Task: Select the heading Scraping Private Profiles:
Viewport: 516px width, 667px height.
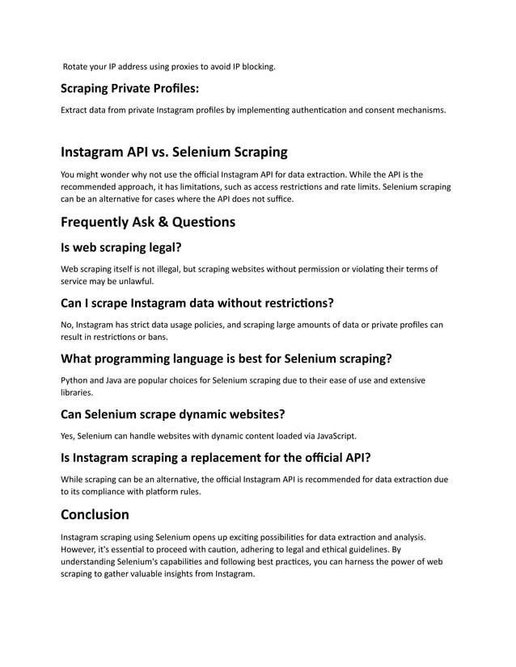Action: click(x=129, y=88)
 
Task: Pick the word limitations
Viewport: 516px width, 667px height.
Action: click(x=210, y=187)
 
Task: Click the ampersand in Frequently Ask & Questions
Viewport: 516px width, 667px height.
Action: click(x=159, y=221)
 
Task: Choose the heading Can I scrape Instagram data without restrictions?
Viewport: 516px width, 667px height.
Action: click(x=197, y=304)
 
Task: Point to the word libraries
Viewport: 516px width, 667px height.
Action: click(x=78, y=392)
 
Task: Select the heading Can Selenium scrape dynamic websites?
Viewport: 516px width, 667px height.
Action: click(x=172, y=414)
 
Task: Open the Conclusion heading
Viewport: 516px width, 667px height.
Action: click(x=95, y=514)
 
